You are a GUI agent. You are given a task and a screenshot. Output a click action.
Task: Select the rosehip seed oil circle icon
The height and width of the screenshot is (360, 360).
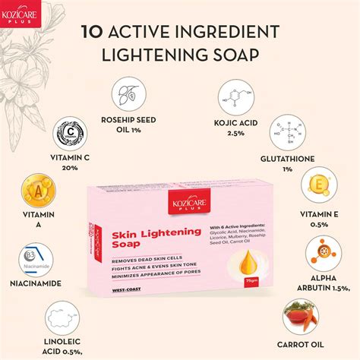pos(128,94)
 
